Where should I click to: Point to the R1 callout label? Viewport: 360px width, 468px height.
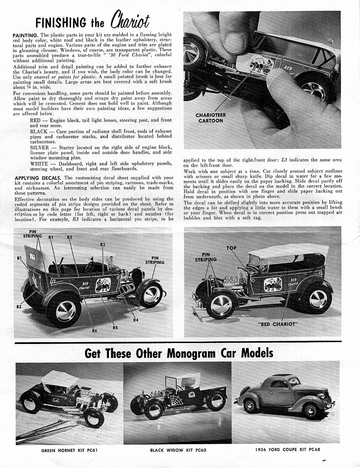click(51, 238)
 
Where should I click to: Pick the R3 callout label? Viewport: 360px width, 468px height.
click(102, 245)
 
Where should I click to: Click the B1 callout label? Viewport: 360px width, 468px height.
click(19, 258)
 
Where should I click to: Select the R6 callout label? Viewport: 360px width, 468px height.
click(94, 330)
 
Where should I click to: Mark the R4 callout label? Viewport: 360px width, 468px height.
click(136, 320)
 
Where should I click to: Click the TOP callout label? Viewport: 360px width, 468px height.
click(231, 248)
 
